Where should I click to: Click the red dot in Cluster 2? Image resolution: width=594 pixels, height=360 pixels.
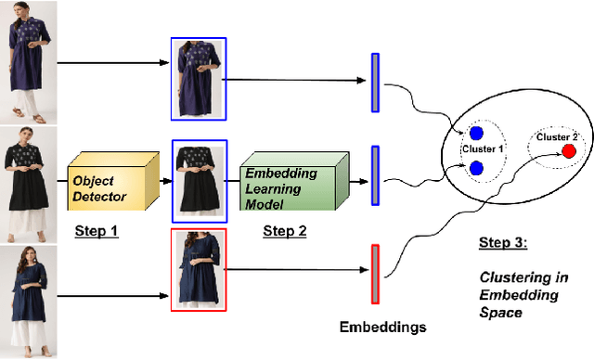[568, 150]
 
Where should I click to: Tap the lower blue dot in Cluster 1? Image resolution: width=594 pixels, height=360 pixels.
[475, 168]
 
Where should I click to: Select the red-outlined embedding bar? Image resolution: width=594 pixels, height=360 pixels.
[375, 273]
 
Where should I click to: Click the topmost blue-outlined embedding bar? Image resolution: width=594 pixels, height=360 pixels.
[375, 83]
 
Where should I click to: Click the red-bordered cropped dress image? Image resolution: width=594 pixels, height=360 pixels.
[199, 270]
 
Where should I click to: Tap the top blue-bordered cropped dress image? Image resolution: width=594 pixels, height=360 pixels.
[198, 81]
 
